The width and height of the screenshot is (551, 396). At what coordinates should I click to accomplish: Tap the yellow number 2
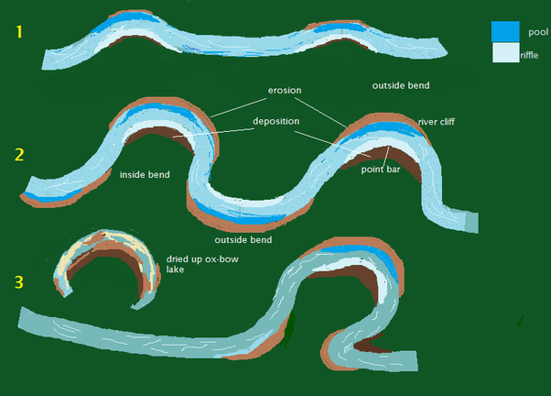point(19,154)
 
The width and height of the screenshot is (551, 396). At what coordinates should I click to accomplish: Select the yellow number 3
point(20,282)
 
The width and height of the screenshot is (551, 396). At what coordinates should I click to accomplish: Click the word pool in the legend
point(538,31)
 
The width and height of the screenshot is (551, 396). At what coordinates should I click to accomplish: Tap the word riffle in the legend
point(531,56)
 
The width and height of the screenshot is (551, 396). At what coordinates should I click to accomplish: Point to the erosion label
point(285,92)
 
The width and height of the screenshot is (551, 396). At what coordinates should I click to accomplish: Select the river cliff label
point(437,121)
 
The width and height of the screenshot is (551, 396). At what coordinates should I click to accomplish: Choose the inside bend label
point(145,174)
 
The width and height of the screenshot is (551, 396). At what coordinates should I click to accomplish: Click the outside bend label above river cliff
point(400,85)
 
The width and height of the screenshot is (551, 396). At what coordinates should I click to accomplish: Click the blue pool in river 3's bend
point(387,261)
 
